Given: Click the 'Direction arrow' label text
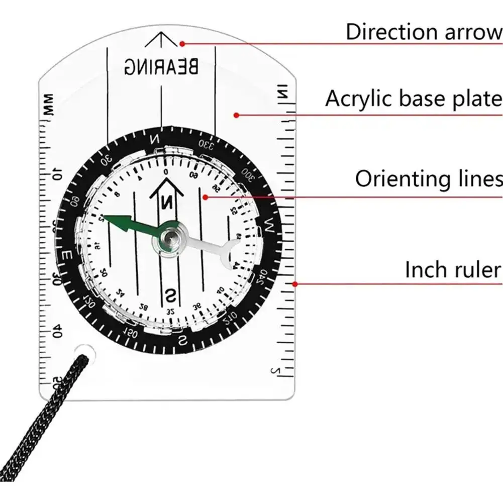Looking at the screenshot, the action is (424, 32).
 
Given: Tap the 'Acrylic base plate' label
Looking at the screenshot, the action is (413, 98).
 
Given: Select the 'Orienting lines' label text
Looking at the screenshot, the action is (429, 179).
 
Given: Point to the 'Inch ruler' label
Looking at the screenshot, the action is (453, 270).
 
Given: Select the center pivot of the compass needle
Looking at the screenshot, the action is (170, 237).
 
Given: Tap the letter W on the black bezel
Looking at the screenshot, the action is (269, 227).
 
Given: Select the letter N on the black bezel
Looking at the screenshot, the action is (156, 139).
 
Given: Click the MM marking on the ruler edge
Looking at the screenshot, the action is (49, 106).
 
